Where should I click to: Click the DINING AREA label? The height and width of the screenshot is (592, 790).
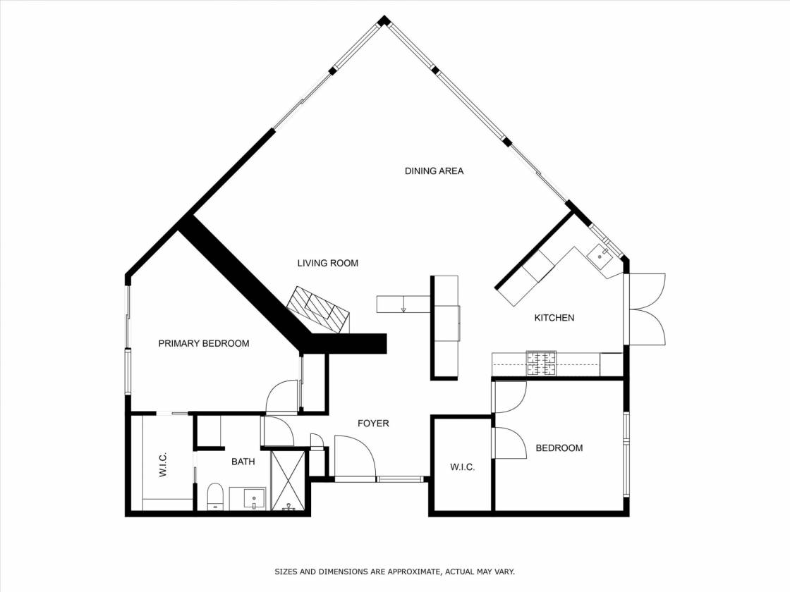point(434,171)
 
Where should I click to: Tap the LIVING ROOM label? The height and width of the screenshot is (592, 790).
point(327,264)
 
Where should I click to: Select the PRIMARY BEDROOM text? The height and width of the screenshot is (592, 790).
point(204,344)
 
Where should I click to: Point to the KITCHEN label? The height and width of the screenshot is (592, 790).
point(554,318)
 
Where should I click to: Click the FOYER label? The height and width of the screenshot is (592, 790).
point(373,424)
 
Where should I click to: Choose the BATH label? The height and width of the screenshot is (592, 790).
point(243,462)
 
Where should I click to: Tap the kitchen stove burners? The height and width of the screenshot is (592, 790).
point(542,364)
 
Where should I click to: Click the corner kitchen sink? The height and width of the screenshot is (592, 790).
point(600,254)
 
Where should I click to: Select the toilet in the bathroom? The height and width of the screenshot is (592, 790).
point(215,496)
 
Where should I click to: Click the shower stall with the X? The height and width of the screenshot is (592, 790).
point(288,481)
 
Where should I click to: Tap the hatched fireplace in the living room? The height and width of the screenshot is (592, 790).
point(318,309)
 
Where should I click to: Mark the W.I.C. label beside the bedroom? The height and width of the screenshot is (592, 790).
point(463,468)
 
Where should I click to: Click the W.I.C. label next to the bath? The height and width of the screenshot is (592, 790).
point(163,464)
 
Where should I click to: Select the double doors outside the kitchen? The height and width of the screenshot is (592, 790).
point(646,309)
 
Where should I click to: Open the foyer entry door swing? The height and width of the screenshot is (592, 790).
point(355,455)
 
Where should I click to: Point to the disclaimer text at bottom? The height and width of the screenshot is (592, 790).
point(394,572)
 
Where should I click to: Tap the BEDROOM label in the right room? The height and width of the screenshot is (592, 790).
point(559,448)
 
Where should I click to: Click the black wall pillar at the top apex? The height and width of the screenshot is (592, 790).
point(384,21)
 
